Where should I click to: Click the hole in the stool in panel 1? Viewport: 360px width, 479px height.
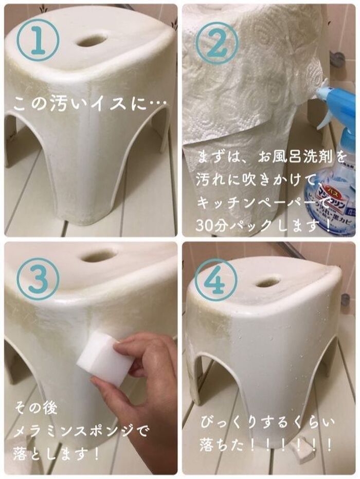point(92,40)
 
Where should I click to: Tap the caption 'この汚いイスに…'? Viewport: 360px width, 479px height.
point(90,103)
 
